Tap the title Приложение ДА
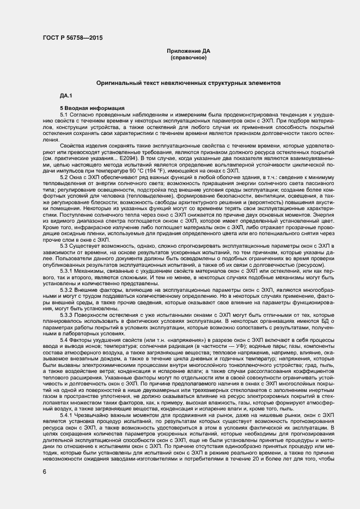[188, 51]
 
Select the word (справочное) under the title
[188, 57]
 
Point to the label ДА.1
[66, 96]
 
